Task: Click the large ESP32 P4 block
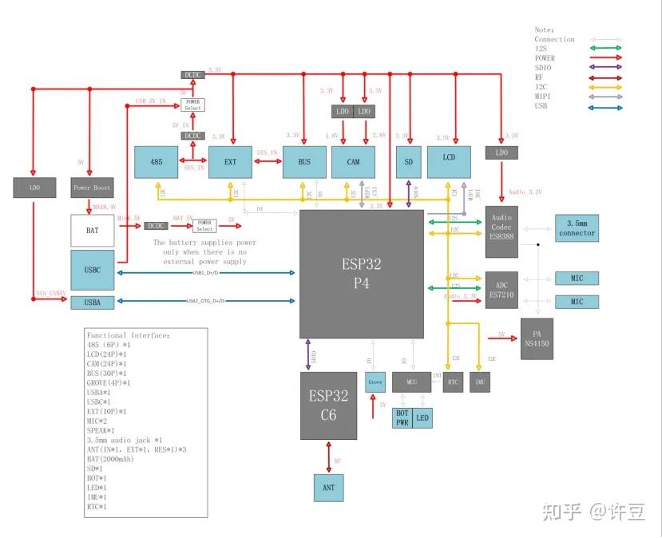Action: pyautogui.click(x=362, y=273)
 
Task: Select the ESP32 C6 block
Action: pyautogui.click(x=329, y=405)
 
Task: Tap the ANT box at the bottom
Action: pyautogui.click(x=329, y=486)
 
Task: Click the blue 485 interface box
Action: pyautogui.click(x=157, y=162)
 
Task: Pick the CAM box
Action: pyautogui.click(x=353, y=162)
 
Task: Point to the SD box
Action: pyautogui.click(x=408, y=162)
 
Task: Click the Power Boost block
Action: pyautogui.click(x=93, y=188)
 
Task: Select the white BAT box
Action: pyautogui.click(x=93, y=231)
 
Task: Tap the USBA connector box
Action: pyautogui.click(x=93, y=302)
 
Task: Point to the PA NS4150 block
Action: pyautogui.click(x=536, y=338)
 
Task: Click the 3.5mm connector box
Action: pyautogui.click(x=577, y=228)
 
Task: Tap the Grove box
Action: pyautogui.click(x=375, y=382)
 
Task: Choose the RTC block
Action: pyautogui.click(x=453, y=382)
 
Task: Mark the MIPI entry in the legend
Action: pyautogui.click(x=543, y=96)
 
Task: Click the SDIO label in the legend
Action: pyautogui.click(x=543, y=68)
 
